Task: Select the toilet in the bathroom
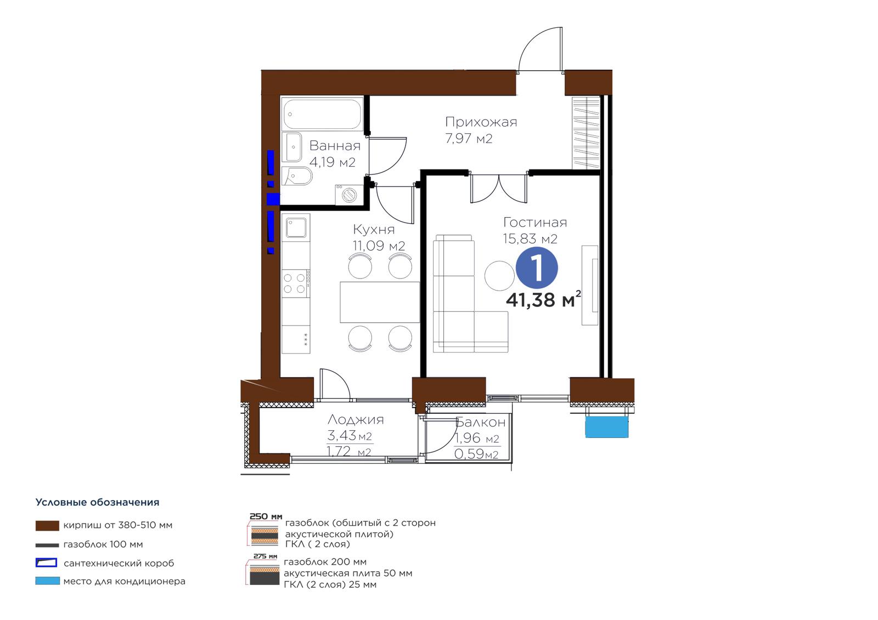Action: click(x=297, y=177)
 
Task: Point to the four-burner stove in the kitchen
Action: click(x=296, y=283)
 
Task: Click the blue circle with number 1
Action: click(x=536, y=268)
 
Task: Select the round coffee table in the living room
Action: click(x=499, y=276)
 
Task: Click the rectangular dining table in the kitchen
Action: click(x=379, y=302)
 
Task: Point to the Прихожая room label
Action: click(x=481, y=122)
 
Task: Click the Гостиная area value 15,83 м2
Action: click(x=530, y=238)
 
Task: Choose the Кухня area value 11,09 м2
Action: click(x=379, y=246)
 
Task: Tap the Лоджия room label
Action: click(x=356, y=419)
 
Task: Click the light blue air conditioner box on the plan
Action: click(x=606, y=426)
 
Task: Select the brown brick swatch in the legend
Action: click(x=47, y=525)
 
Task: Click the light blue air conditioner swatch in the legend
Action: click(x=47, y=581)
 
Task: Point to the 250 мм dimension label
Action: click(x=266, y=516)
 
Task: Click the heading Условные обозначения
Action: click(x=97, y=503)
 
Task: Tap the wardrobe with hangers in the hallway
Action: click(x=586, y=132)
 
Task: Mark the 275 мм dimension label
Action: click(x=265, y=556)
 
